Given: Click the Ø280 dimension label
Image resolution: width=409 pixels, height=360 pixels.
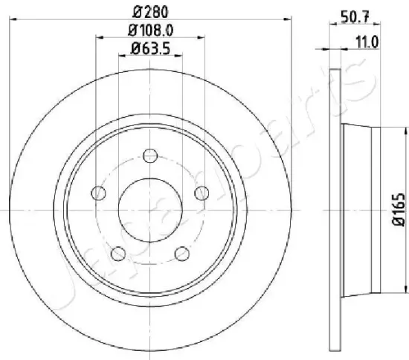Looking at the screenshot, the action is click(150, 12).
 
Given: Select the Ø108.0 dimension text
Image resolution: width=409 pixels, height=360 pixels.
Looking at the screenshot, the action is click(151, 30).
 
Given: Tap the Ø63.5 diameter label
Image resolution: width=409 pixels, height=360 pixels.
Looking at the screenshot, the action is click(150, 48).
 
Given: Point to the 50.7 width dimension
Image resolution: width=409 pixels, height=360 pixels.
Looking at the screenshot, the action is click(355, 18).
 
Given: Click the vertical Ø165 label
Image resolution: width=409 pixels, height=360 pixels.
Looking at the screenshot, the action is click(399, 209).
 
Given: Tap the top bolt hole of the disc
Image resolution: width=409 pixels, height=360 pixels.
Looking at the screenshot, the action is click(150, 155).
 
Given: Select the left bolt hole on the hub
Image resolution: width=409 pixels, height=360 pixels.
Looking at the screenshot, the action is click(99, 193).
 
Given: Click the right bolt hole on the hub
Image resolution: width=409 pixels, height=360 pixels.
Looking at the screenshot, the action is click(202, 193).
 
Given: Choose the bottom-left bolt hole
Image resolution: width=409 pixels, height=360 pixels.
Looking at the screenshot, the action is click(118, 254).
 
